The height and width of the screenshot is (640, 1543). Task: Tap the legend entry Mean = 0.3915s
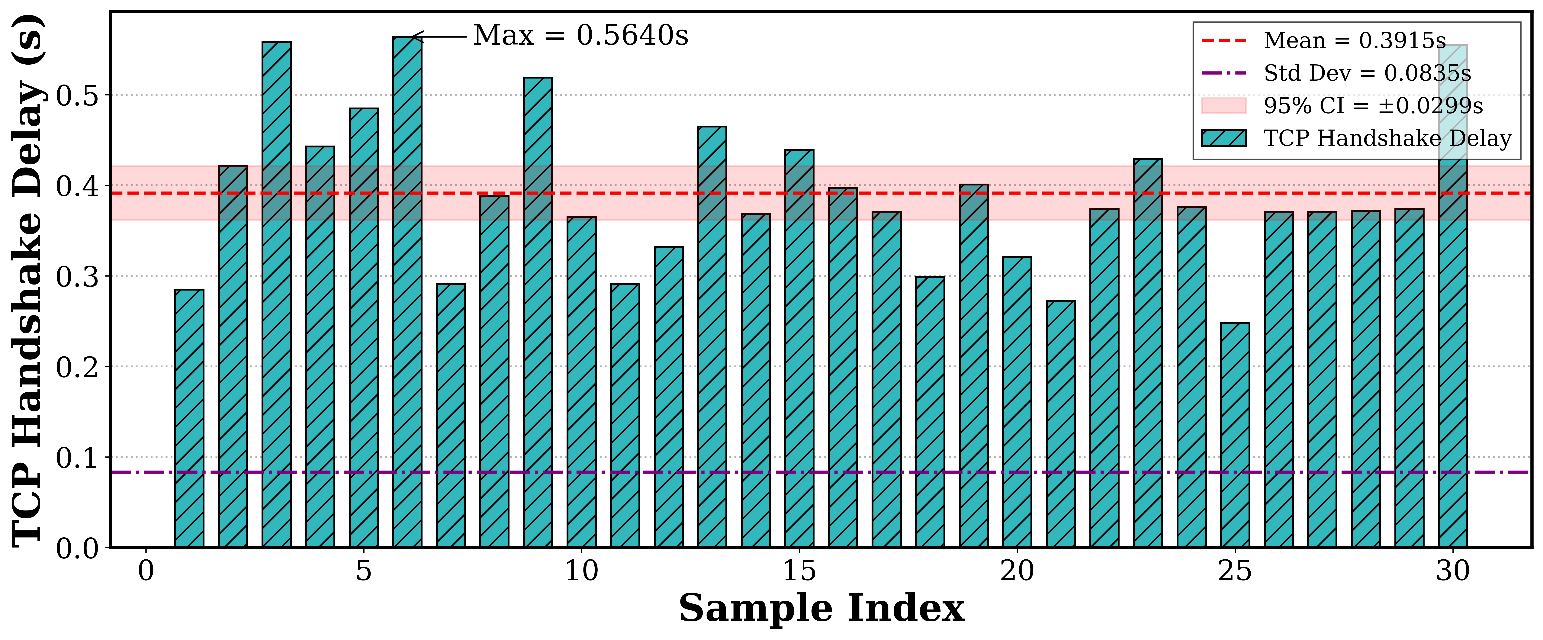(1354, 41)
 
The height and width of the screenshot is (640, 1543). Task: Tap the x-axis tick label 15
(799, 571)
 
